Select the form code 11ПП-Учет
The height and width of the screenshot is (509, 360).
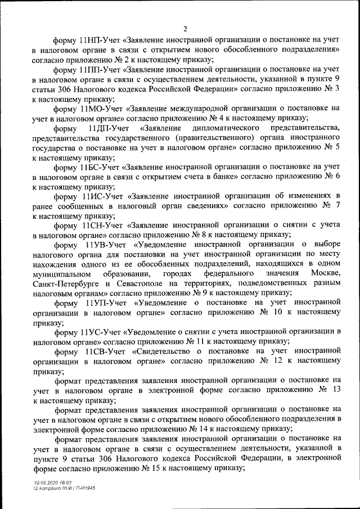pyautogui.click(x=101, y=70)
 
